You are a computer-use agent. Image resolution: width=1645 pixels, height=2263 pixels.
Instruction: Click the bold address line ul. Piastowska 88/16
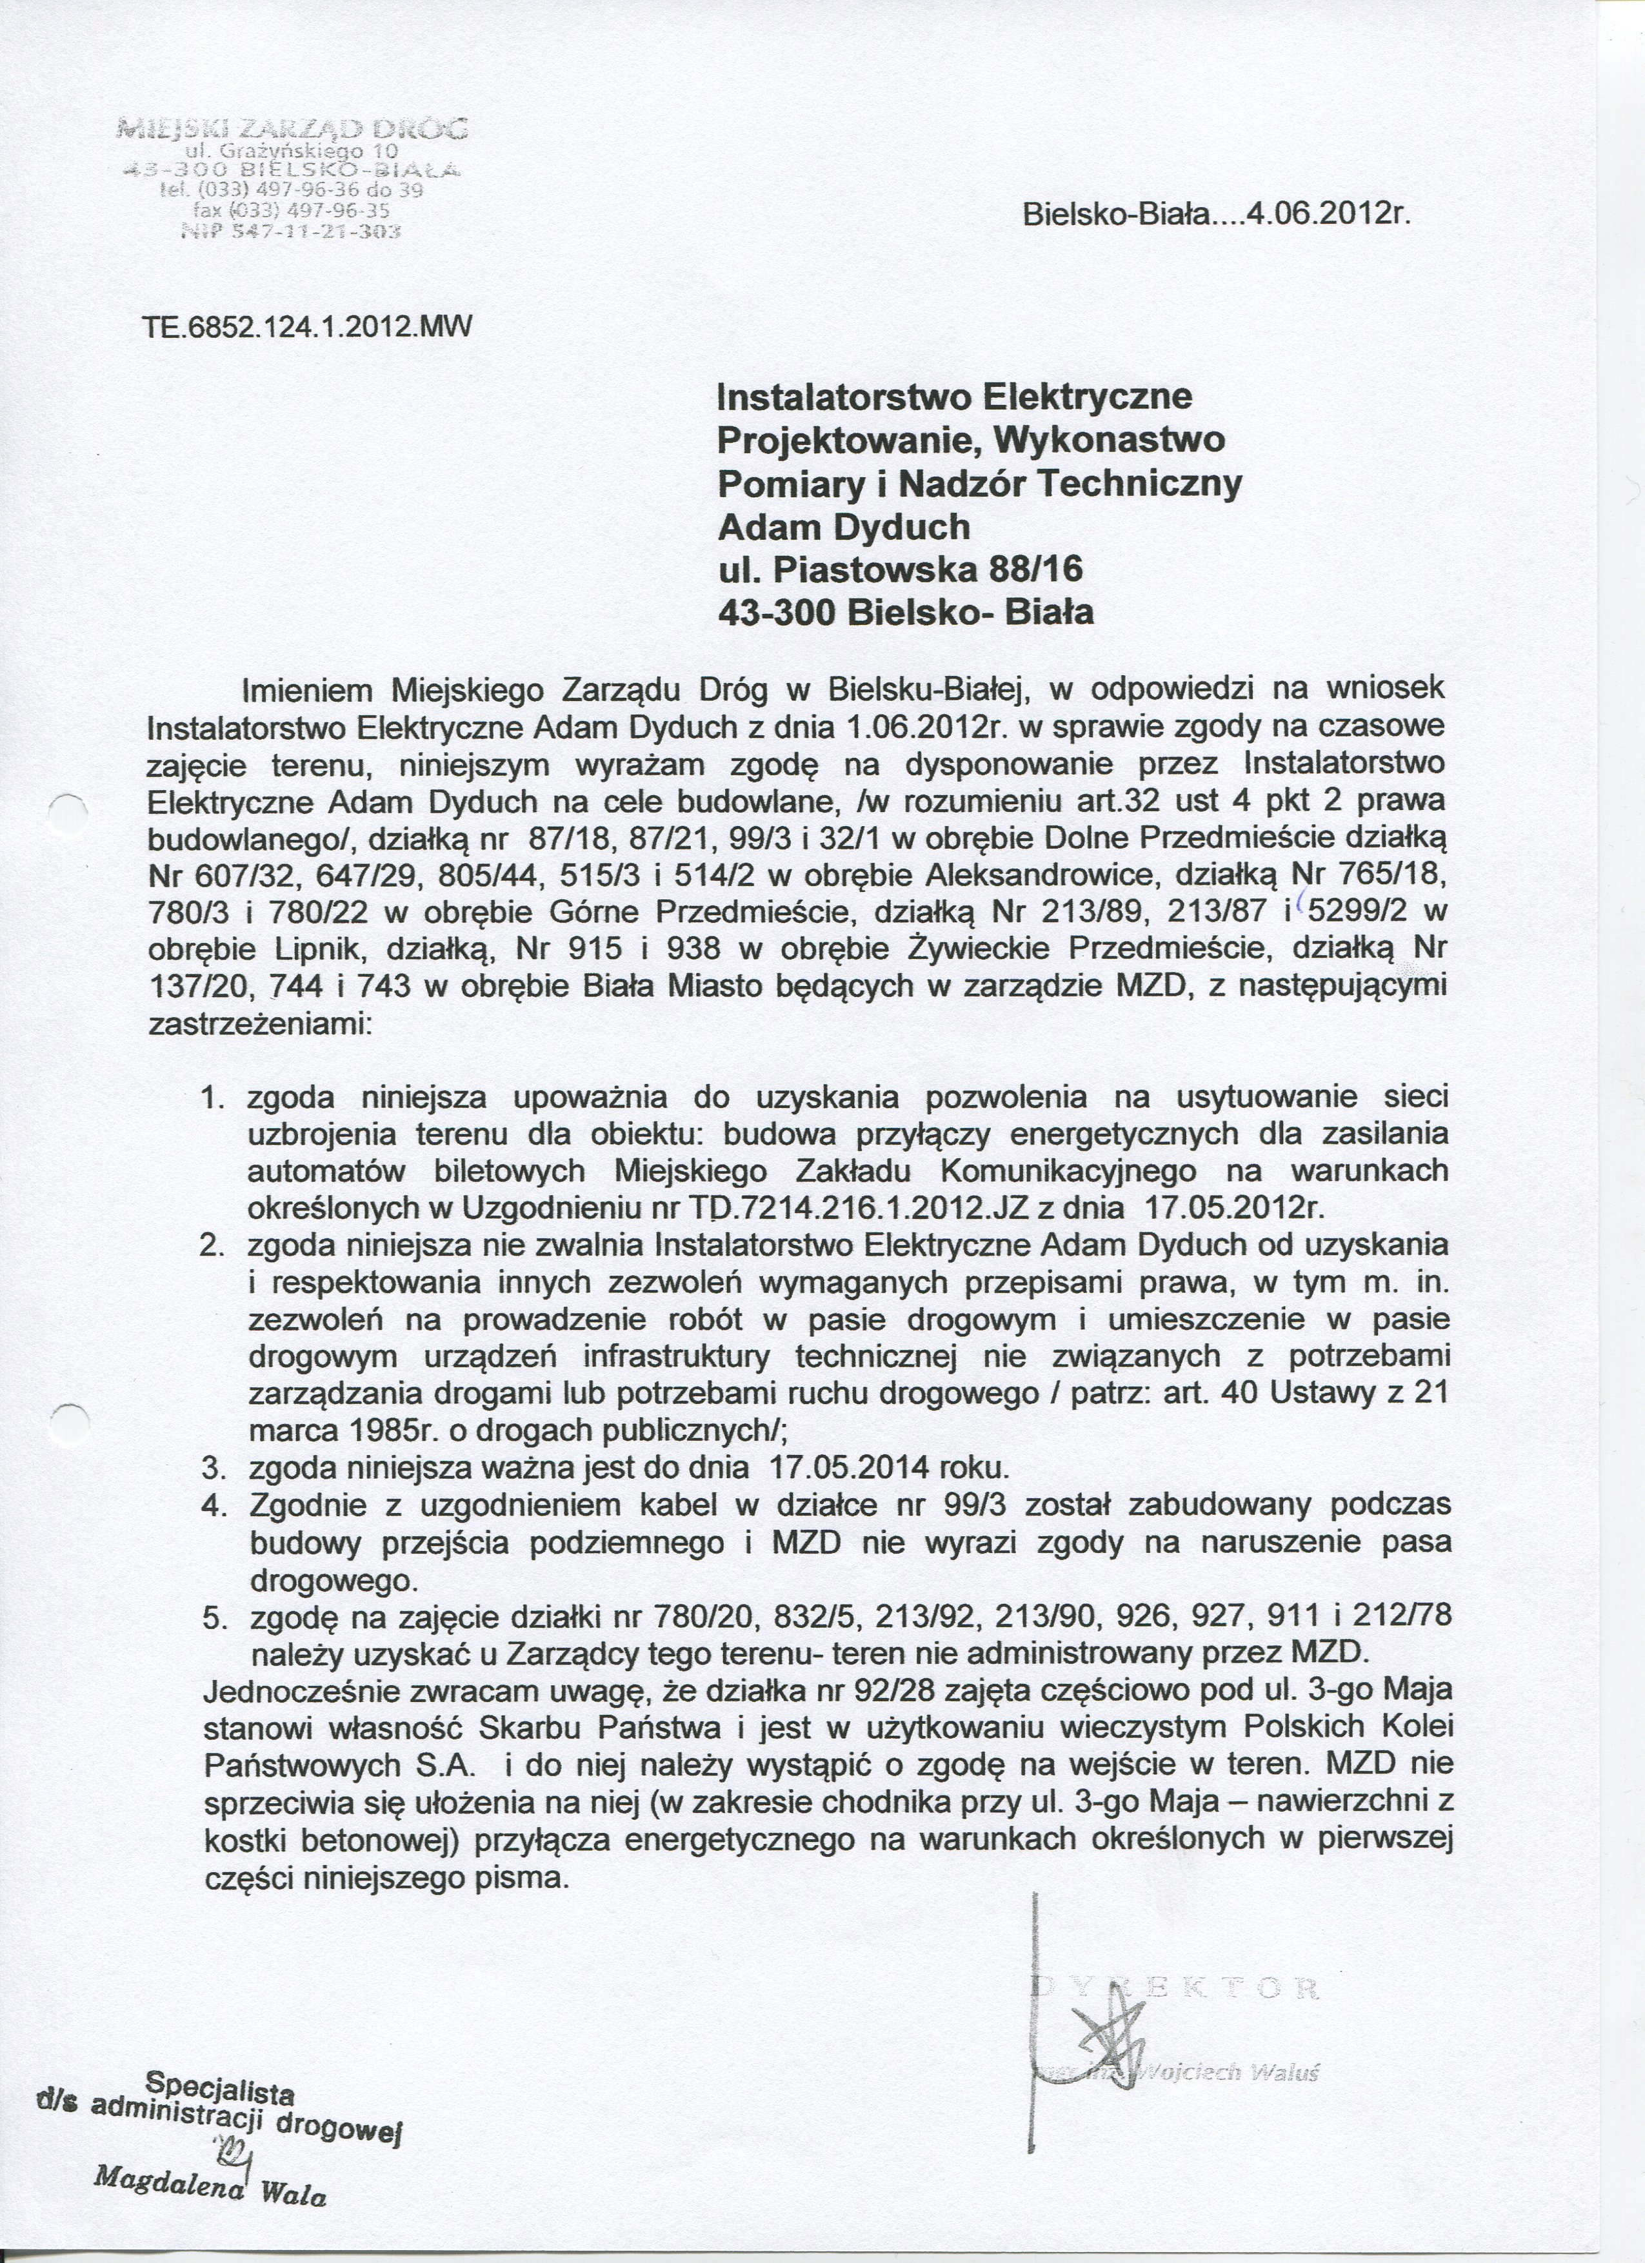(901, 569)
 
